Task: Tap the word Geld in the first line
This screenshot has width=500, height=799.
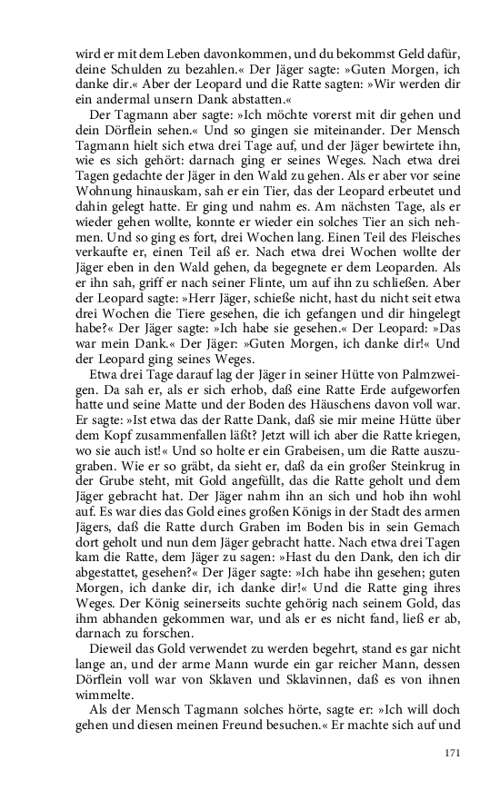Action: coord(393,53)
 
